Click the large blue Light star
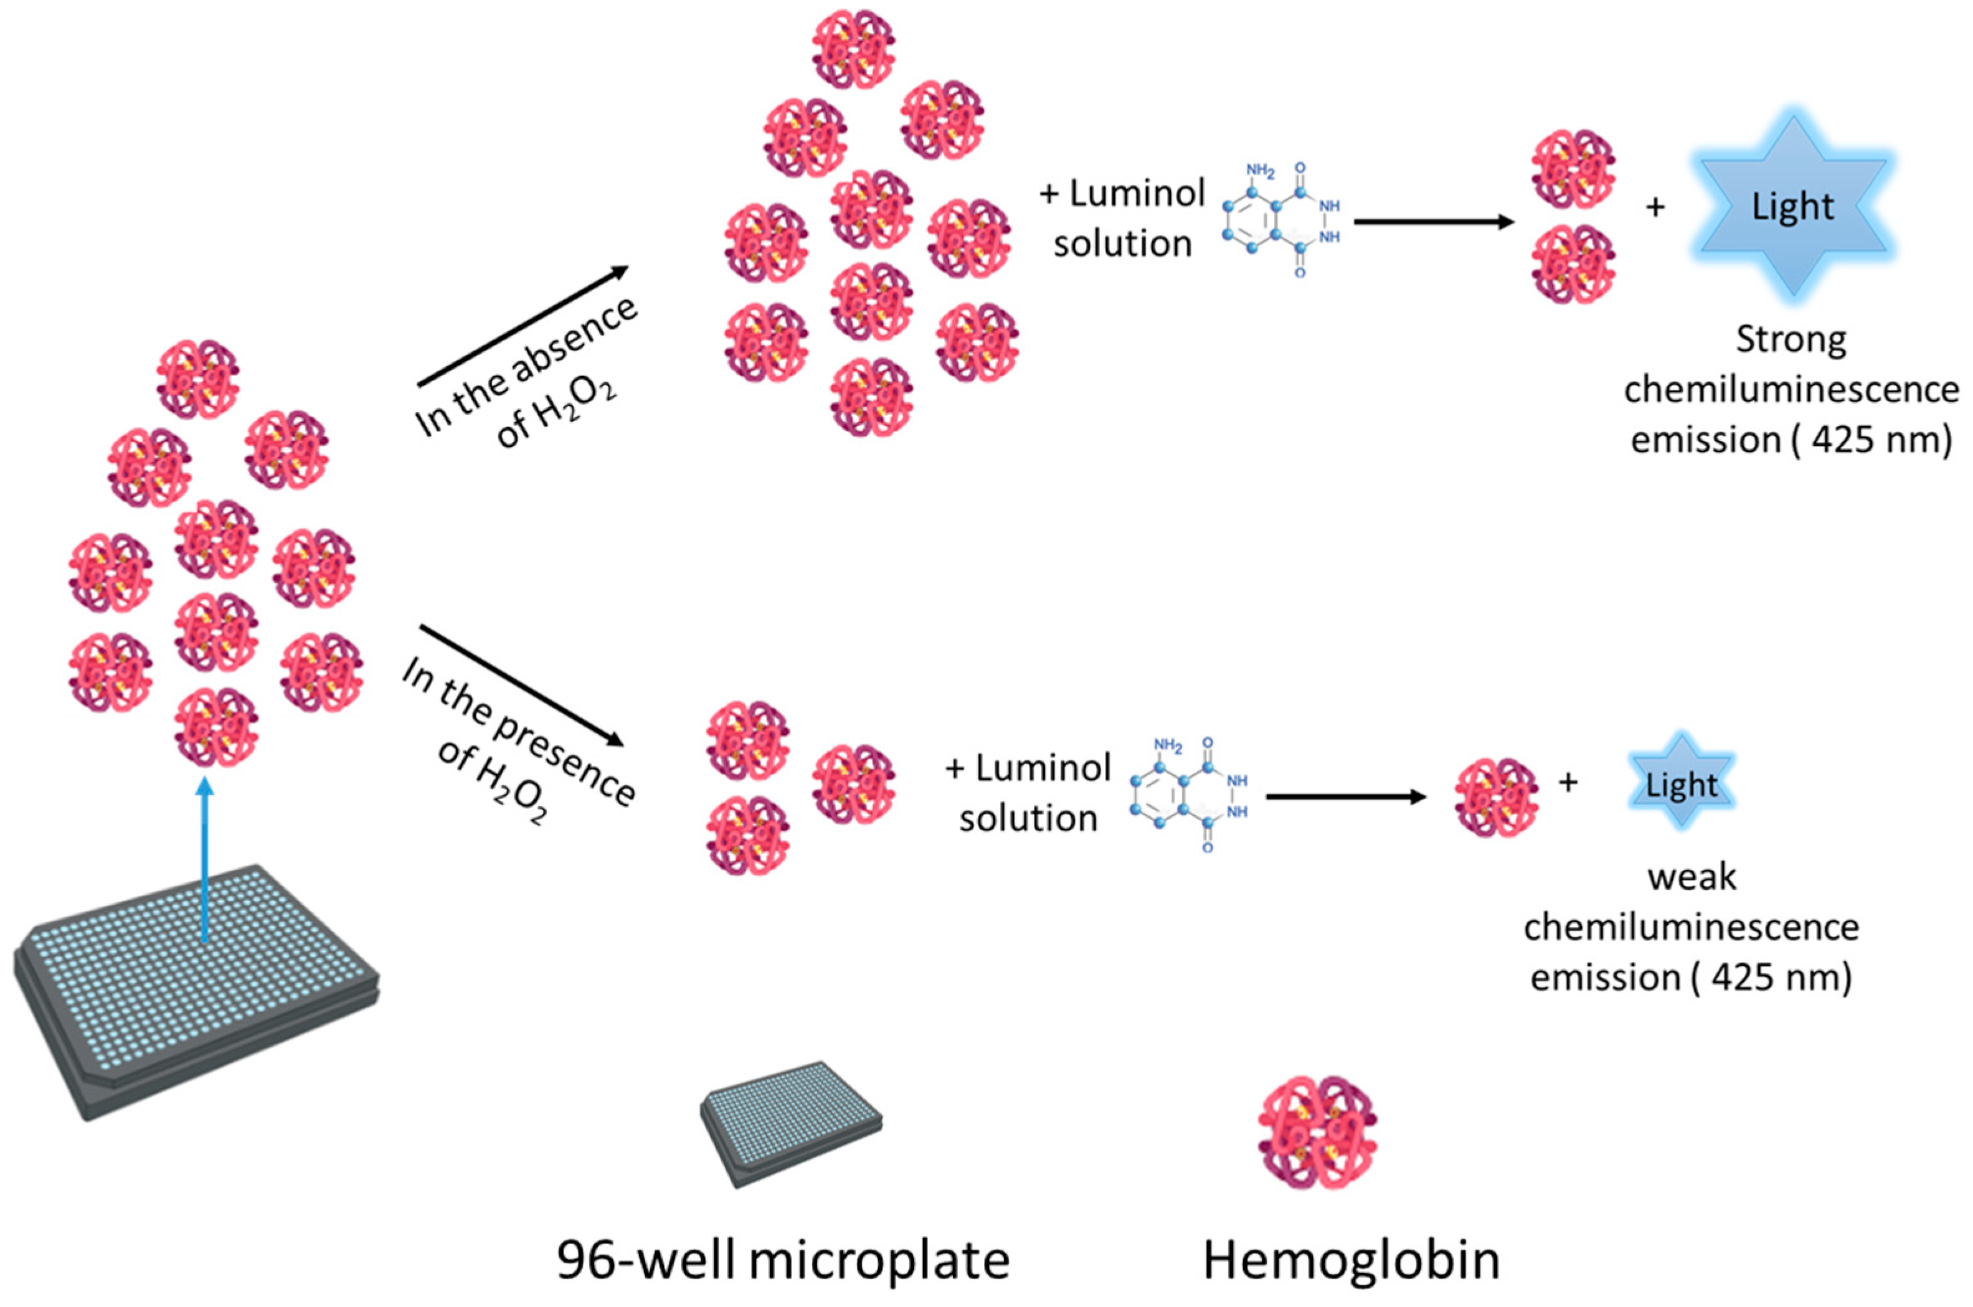1792,207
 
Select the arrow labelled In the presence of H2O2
522,684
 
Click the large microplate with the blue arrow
196,992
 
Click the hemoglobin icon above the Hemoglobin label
1317,1131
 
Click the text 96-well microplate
783,1261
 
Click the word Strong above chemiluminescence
1791,340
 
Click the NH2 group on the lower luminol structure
1168,744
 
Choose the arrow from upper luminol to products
1434,222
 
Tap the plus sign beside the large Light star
1655,207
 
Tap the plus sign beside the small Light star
1568,782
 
